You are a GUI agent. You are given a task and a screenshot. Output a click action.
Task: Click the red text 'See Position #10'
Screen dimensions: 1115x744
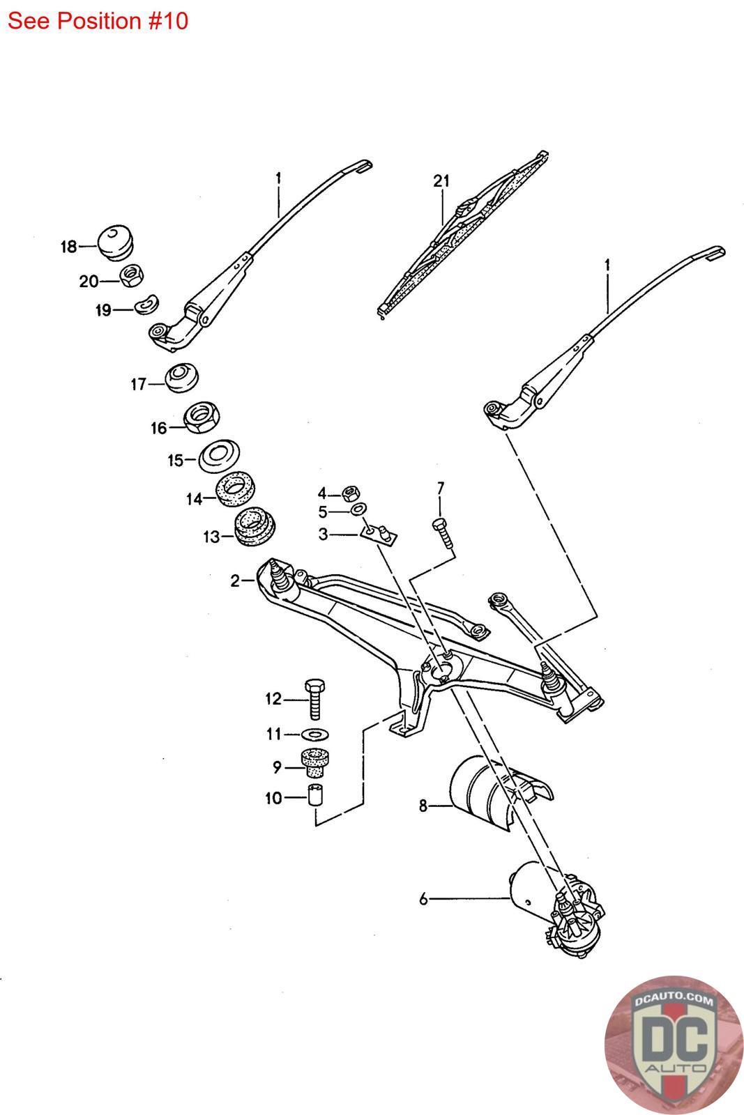pos(98,21)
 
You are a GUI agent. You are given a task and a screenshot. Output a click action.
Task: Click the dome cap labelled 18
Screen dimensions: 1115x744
pos(116,241)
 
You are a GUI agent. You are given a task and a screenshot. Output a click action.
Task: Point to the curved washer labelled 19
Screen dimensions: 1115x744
pos(146,304)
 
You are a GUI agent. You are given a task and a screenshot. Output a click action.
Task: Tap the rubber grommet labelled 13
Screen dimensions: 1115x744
pos(255,528)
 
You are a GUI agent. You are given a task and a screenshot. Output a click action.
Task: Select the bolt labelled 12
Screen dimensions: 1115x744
pos(315,699)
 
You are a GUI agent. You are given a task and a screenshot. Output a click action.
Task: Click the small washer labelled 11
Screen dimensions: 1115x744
pos(317,734)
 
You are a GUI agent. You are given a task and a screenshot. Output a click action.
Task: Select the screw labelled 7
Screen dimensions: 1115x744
pos(440,533)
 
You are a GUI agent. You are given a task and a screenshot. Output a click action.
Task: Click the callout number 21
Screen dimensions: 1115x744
pos(441,181)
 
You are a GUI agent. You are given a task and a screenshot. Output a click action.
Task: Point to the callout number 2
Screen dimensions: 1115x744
pos(236,580)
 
